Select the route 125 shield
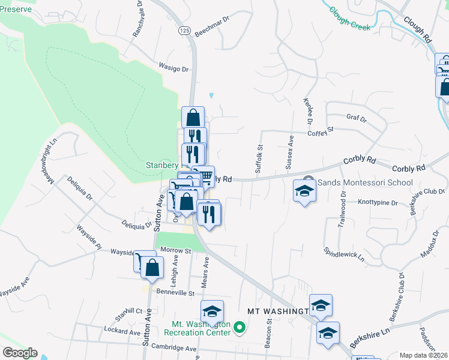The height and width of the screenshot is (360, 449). [x=184, y=29]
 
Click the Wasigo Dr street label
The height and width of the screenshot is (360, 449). [x=173, y=68]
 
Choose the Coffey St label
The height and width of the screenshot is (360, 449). [x=321, y=129]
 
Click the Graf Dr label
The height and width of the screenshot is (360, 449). [x=356, y=118]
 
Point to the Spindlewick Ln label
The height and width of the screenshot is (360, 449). [x=345, y=255]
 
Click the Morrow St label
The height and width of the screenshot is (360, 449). [x=175, y=250]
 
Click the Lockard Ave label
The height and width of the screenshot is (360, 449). [x=122, y=331]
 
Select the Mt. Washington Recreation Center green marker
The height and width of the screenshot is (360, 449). [x=240, y=328]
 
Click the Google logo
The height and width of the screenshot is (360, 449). [x=20, y=353]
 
